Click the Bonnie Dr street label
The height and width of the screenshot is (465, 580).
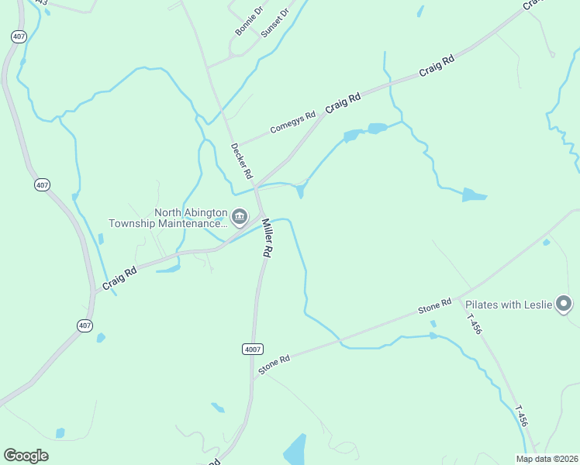250,22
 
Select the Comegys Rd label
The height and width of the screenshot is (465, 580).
292,122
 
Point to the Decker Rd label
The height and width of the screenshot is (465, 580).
237,160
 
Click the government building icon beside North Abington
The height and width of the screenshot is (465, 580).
239,217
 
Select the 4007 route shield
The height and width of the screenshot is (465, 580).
252,350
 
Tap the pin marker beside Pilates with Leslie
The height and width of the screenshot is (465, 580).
564,304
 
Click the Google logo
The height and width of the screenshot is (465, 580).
26,456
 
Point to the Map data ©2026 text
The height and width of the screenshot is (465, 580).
547,459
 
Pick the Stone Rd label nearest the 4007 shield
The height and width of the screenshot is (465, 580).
274,364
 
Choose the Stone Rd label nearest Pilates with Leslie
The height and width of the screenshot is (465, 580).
434,306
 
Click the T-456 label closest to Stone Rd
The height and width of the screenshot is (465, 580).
474,323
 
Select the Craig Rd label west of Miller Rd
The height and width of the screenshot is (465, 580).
120,277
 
